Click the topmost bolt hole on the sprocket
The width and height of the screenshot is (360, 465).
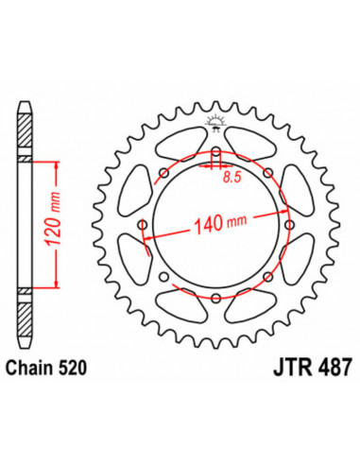tap(216, 153)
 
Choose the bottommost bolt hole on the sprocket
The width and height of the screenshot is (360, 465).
tap(216, 299)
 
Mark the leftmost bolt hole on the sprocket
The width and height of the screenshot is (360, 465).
tap(144, 226)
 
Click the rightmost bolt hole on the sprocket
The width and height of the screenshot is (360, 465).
tap(289, 226)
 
